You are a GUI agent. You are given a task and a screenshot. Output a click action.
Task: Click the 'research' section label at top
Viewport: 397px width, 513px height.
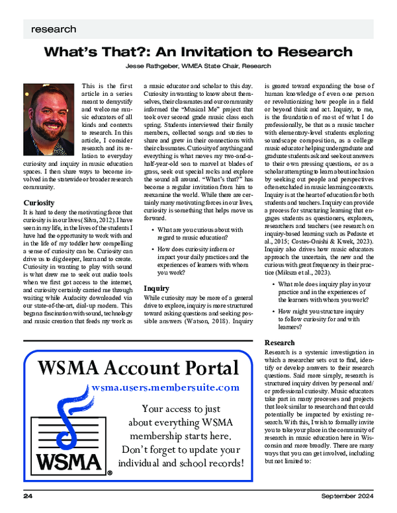pyautogui.click(x=53, y=30)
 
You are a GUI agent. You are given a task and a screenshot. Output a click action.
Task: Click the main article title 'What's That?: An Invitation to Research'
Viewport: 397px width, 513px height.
pyautogui.click(x=198, y=52)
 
